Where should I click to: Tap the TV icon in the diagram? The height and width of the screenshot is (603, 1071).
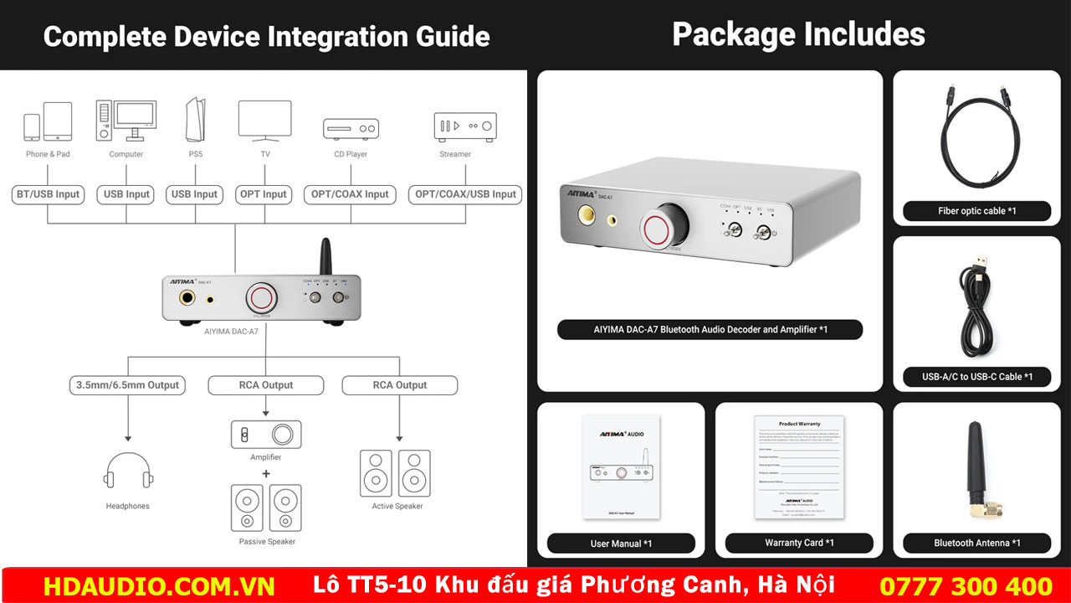[264, 120]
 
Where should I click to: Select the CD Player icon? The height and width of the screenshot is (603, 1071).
[351, 128]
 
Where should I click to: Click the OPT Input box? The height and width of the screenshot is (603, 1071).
[264, 194]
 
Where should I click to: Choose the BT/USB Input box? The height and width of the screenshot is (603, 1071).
[48, 194]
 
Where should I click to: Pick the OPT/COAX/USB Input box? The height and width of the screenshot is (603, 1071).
[465, 194]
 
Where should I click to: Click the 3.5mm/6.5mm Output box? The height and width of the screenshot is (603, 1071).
[128, 385]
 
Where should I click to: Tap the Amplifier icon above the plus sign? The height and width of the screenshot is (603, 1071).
[266, 435]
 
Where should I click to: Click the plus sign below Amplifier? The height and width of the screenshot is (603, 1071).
[266, 473]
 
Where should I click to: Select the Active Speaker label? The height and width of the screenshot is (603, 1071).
[397, 506]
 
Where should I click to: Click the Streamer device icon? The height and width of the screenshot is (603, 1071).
[465, 126]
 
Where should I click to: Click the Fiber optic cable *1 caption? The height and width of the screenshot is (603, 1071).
[976, 211]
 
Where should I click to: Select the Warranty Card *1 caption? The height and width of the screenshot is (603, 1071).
[799, 543]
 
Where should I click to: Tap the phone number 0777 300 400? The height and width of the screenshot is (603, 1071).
[966, 585]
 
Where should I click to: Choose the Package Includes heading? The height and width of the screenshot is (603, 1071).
[798, 34]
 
